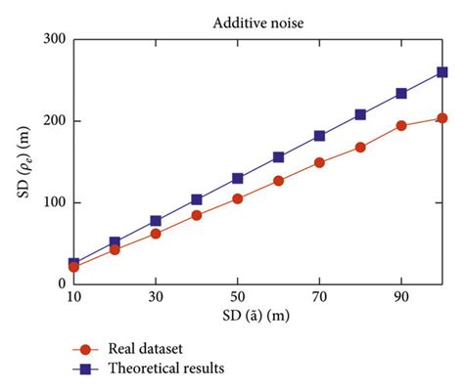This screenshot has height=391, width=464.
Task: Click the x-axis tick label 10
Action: tap(73, 295)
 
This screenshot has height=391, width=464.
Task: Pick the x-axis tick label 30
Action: tap(156, 295)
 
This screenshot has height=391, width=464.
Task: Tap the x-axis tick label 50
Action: tap(238, 295)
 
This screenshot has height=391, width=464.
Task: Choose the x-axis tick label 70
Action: tap(320, 295)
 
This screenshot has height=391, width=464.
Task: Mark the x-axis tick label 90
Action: tap(401, 295)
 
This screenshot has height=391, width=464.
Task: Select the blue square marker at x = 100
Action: tap(442, 72)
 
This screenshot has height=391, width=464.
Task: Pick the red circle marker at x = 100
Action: tap(442, 118)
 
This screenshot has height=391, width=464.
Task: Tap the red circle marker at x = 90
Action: tap(401, 126)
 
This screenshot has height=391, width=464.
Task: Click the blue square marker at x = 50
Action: tap(238, 179)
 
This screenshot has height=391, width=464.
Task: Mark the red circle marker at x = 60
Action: tap(279, 181)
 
